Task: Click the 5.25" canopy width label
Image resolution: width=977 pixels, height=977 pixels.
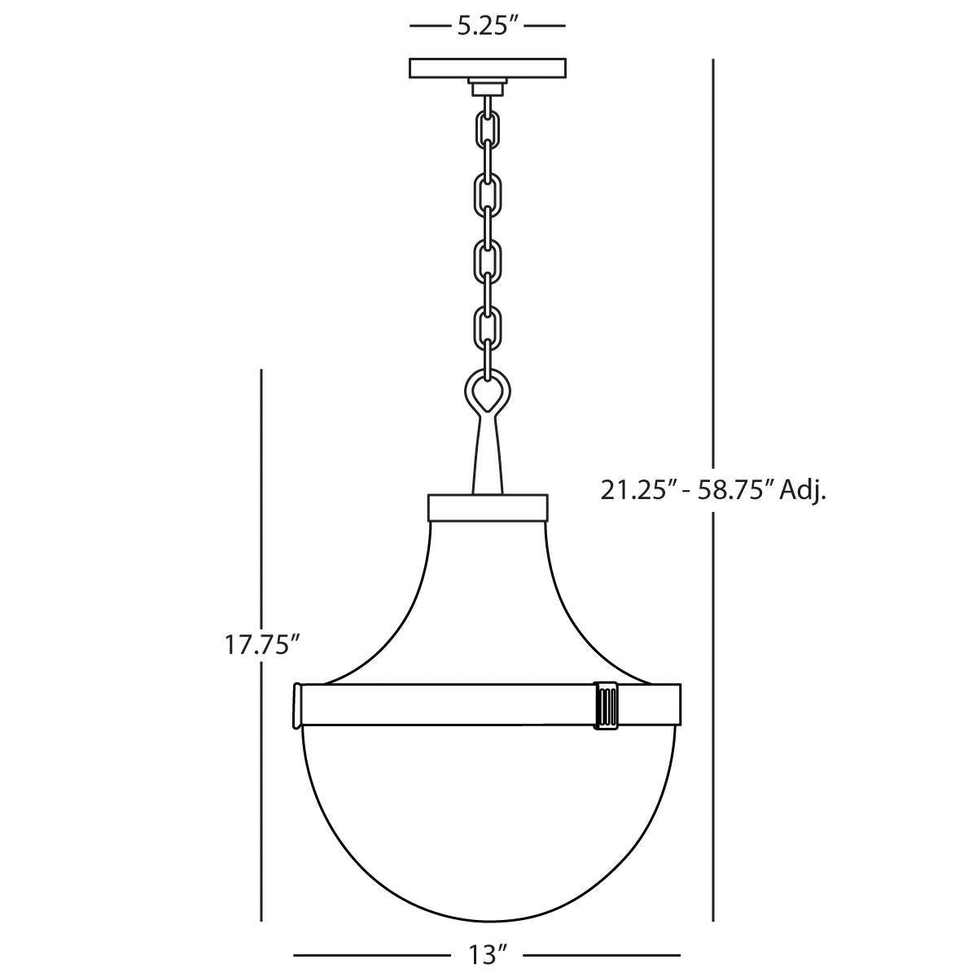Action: [488, 25]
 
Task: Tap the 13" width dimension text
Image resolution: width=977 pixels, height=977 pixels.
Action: [488, 954]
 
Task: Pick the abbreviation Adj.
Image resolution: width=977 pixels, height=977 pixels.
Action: [804, 490]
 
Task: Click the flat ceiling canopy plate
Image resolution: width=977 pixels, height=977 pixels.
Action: [488, 67]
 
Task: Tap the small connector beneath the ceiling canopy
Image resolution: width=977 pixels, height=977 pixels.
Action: [488, 85]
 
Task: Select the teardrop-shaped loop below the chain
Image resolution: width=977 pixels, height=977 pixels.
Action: [488, 394]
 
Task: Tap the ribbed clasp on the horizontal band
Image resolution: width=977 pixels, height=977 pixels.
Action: [607, 705]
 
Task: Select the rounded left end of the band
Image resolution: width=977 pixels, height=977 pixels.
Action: [298, 705]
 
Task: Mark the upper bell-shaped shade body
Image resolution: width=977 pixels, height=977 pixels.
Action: [488, 602]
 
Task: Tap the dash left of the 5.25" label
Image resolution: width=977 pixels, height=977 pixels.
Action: [428, 26]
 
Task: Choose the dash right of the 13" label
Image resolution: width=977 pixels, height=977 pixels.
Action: [602, 953]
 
